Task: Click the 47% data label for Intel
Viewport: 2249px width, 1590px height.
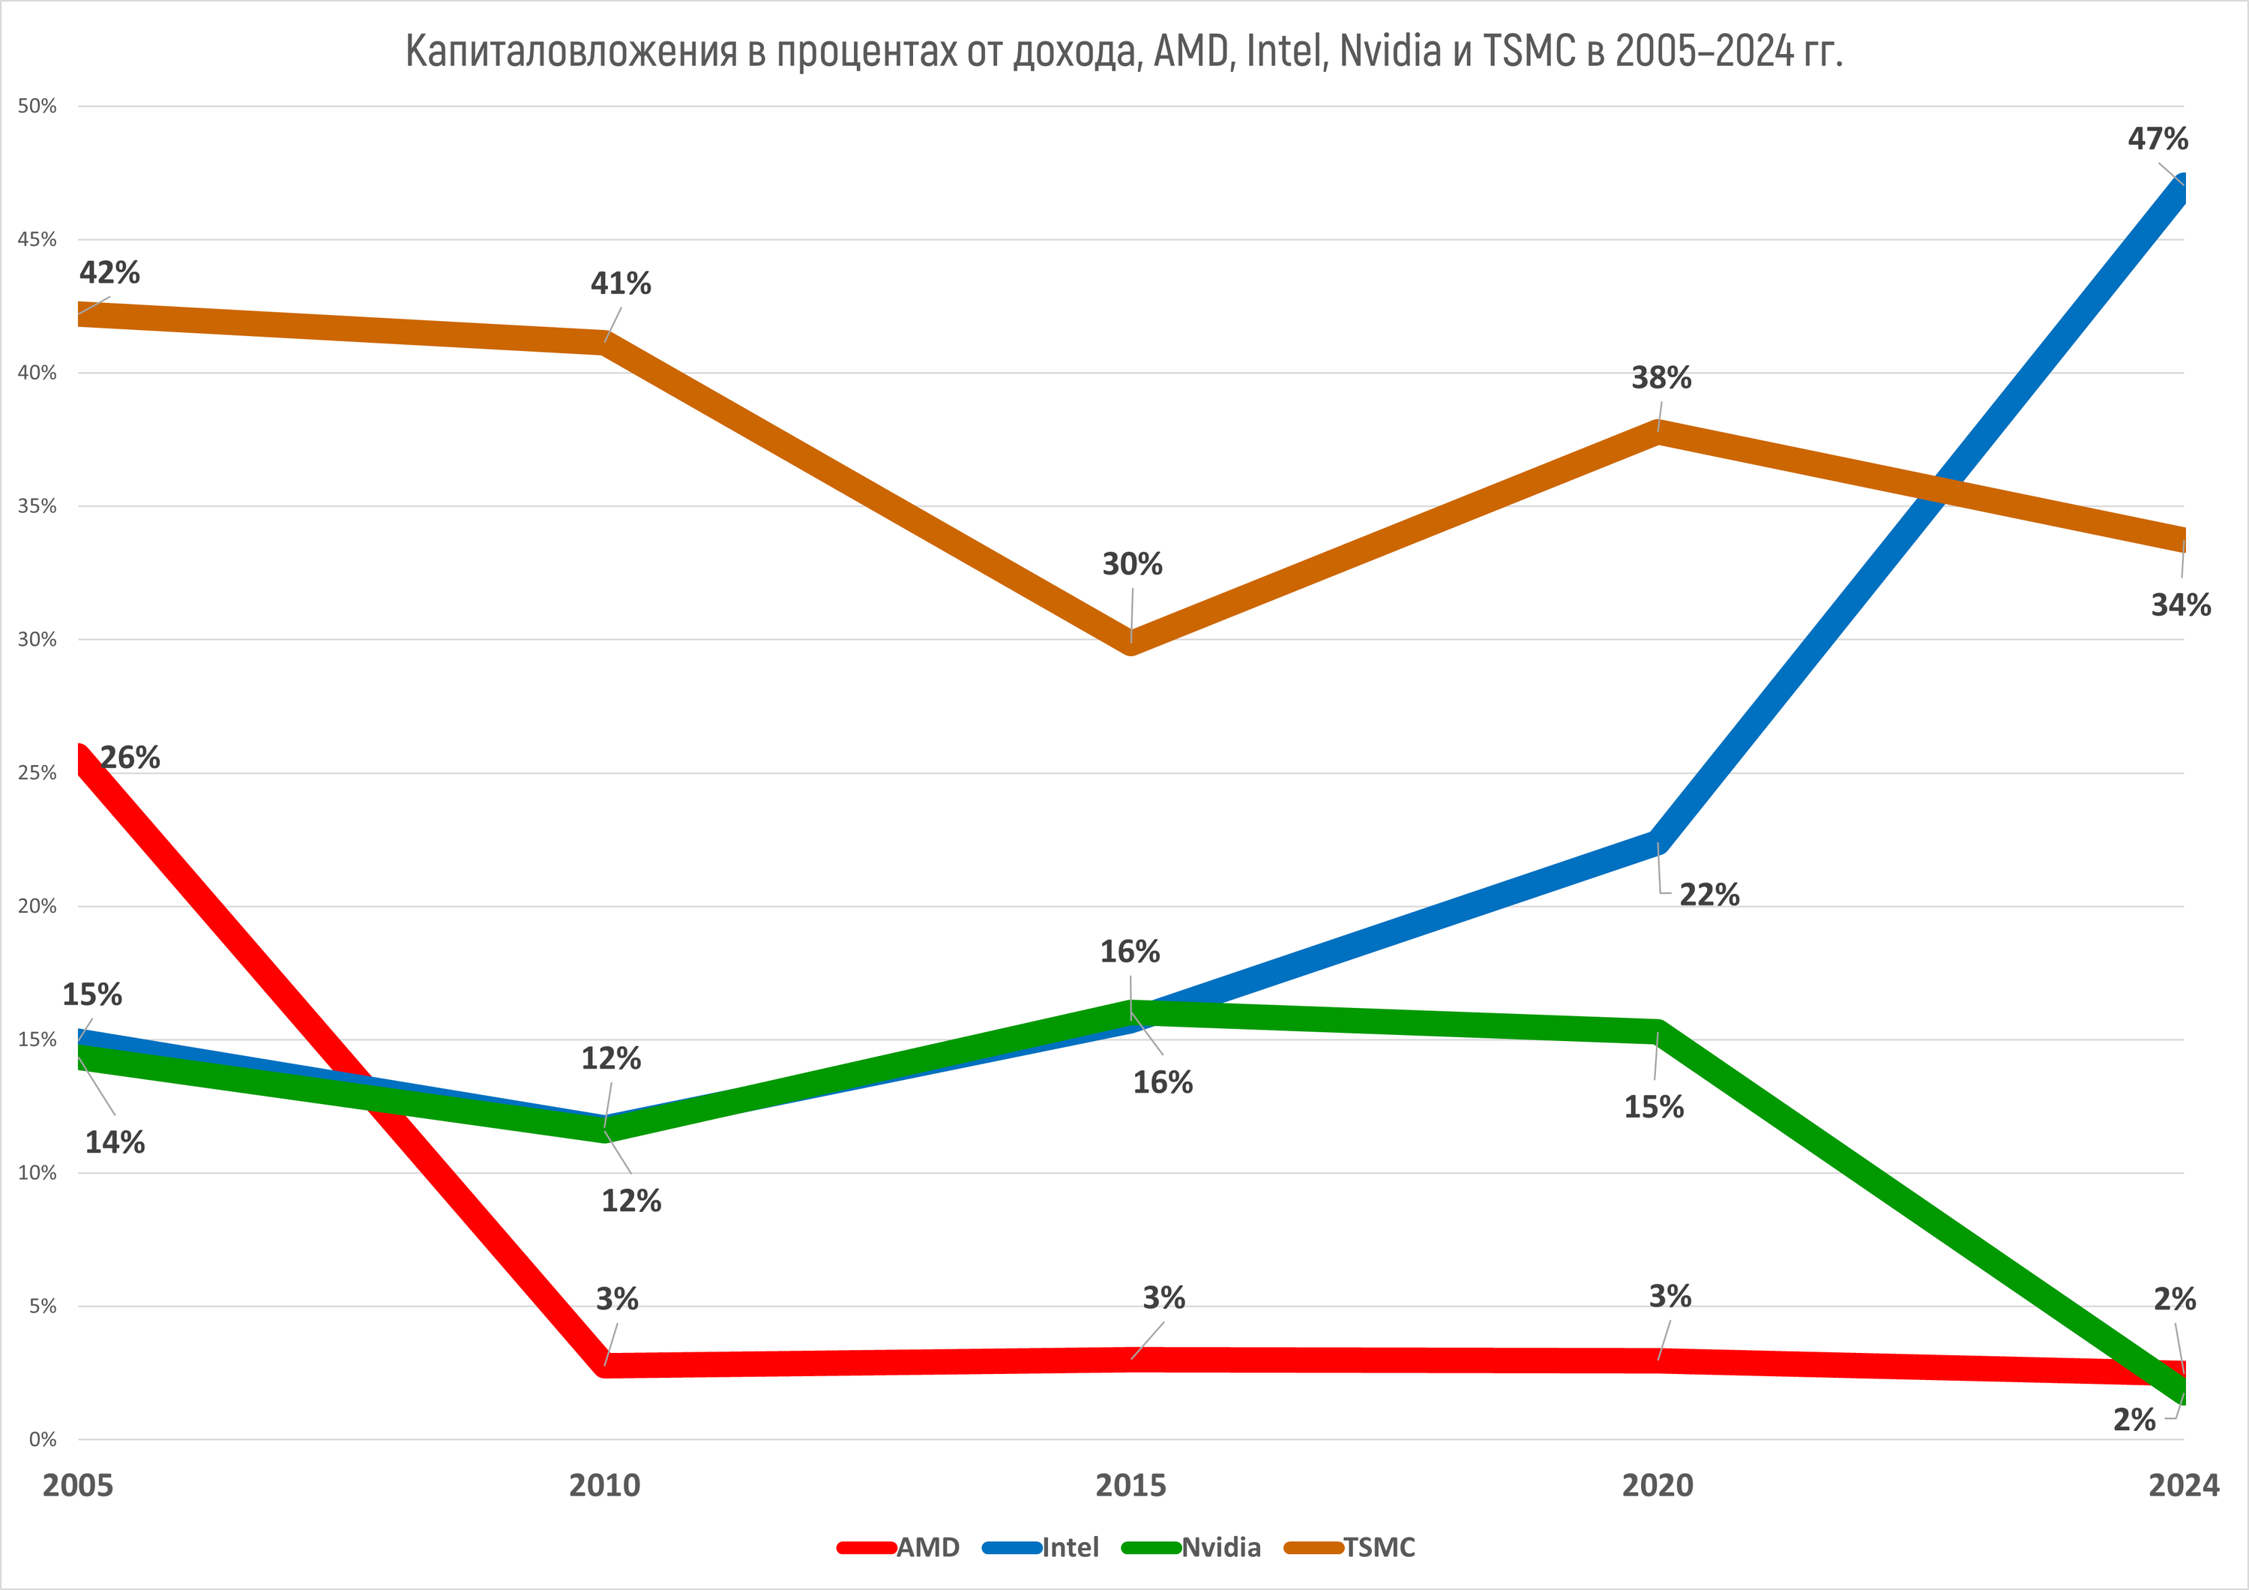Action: tap(2157, 139)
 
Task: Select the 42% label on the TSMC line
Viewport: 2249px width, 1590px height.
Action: tap(109, 272)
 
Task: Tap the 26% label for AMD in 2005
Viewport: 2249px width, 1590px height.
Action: tap(130, 757)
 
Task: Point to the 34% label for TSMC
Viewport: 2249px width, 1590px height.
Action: tap(2181, 604)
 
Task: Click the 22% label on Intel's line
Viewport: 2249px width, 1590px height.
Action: tap(1709, 895)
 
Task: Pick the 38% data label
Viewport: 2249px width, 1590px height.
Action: tap(1661, 377)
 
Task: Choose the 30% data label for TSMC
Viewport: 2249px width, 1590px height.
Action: tap(1132, 563)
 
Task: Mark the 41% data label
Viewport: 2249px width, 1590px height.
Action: tap(620, 283)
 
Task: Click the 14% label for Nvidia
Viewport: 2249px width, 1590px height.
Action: tap(115, 1141)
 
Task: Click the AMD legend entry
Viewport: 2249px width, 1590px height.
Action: tap(927, 1547)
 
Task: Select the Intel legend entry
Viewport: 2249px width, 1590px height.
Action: tap(1070, 1547)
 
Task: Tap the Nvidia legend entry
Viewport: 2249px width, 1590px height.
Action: tap(1220, 1547)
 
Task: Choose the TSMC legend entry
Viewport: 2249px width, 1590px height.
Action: tap(1379, 1547)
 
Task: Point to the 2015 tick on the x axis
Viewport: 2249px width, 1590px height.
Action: tap(1130, 1485)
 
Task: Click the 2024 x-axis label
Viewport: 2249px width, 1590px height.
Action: tap(2183, 1485)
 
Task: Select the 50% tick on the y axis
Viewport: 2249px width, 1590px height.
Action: tap(37, 106)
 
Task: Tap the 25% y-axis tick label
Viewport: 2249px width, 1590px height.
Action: tap(37, 773)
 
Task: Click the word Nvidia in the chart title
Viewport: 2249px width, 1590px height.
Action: tap(1390, 51)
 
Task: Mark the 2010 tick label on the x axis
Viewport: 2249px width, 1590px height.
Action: tap(604, 1485)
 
